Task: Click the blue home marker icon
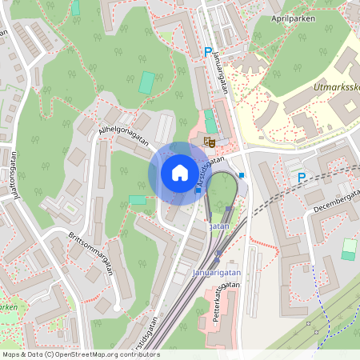[179, 173]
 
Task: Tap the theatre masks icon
[210, 142]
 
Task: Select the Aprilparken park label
[293, 17]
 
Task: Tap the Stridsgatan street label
[145, 339]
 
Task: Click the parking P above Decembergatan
[302, 177]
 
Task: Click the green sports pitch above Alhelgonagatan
[146, 82]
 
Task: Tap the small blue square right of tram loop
[242, 174]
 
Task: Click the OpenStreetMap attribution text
[80, 354]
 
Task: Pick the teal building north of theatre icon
[210, 121]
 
